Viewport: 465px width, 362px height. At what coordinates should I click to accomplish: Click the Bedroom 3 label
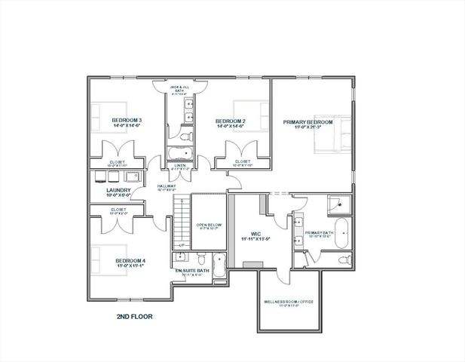point(127,120)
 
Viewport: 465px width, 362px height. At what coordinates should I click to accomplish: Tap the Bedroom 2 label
point(230,121)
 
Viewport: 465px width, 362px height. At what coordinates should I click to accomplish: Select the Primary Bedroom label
point(308,121)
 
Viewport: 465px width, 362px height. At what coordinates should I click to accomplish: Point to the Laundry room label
point(118,192)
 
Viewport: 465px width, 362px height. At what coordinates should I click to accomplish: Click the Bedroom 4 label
point(130,261)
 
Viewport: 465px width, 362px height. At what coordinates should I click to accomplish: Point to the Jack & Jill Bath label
point(179,88)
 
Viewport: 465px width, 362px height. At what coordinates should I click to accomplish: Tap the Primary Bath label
point(319,233)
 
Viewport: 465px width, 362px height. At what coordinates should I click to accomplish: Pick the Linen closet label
point(180,165)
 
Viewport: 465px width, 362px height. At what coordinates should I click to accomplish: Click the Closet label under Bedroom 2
point(243,161)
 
